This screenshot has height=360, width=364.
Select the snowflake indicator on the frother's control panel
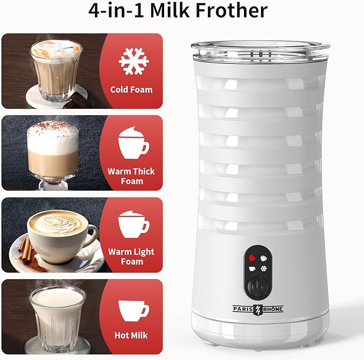coord(263,268)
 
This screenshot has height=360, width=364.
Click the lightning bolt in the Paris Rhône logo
coord(259,309)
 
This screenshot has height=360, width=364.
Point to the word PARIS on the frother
coord(246,309)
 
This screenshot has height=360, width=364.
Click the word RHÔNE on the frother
coord(273,309)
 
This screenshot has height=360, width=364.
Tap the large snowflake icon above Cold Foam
coord(133,61)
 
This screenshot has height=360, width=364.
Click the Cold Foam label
coord(131,89)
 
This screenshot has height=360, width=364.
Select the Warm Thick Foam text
coord(131,176)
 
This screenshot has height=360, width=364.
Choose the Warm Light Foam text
coord(131,257)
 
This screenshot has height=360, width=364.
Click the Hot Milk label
coord(131,336)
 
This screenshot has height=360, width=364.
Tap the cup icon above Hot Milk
coord(133,309)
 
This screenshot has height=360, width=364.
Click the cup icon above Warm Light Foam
coord(133,224)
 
